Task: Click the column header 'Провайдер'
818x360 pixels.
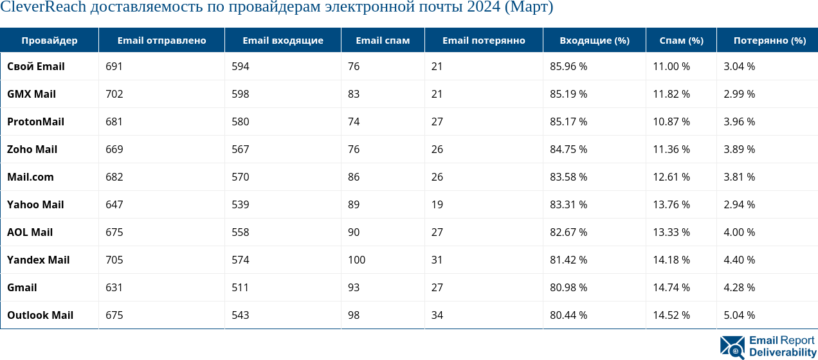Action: click(x=50, y=40)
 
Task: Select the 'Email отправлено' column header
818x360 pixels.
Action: click(x=161, y=40)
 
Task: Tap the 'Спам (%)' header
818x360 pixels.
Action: click(x=682, y=40)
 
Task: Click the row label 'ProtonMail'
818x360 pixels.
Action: click(x=35, y=122)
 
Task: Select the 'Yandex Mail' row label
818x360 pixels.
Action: click(x=38, y=260)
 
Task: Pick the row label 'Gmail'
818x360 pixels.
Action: click(x=22, y=287)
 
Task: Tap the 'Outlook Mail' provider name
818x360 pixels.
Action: click(x=40, y=315)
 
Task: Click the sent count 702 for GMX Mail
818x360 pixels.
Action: click(x=114, y=94)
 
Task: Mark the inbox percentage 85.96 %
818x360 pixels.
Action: click(x=568, y=66)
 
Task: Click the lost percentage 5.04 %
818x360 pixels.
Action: click(x=739, y=315)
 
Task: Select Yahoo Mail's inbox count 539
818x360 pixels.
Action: click(x=241, y=204)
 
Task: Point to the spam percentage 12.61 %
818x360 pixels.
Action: click(x=671, y=177)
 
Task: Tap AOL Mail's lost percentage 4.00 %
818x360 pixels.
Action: click(x=739, y=232)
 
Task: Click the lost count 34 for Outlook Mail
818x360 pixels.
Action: click(x=437, y=315)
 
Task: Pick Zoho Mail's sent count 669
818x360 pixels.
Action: click(x=114, y=149)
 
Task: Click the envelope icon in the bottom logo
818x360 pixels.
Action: click(x=732, y=347)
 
